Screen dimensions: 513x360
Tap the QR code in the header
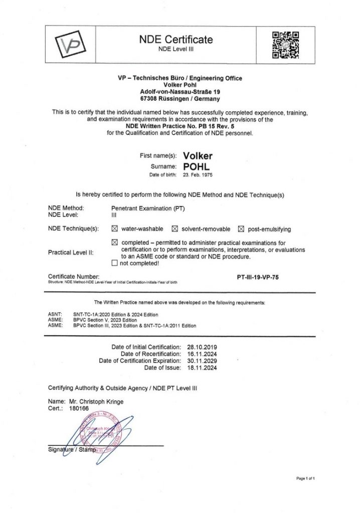click(x=285, y=44)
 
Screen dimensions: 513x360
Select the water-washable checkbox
click(x=114, y=229)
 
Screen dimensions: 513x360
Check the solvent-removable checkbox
click(x=175, y=229)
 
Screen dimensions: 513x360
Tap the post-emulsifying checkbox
click(x=241, y=229)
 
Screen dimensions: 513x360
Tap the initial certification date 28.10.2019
click(x=201, y=347)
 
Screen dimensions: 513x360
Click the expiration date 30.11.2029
click(x=201, y=361)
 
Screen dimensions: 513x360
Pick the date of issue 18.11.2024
click(x=201, y=368)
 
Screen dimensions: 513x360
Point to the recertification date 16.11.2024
click(x=201, y=354)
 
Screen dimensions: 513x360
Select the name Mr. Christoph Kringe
click(x=93, y=401)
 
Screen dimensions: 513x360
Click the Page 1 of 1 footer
click(x=305, y=478)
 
